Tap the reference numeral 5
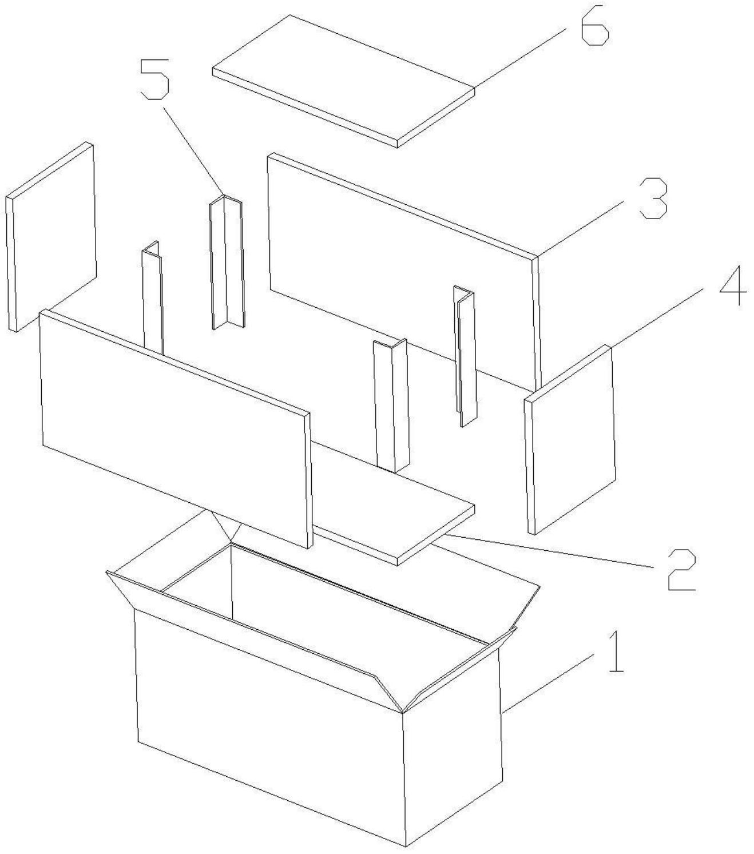click(x=155, y=79)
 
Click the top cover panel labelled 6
click(x=343, y=81)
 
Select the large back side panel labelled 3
click(x=403, y=272)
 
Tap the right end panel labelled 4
click(x=570, y=440)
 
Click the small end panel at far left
click(x=51, y=236)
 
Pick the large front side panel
click(x=176, y=429)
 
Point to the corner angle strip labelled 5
click(x=227, y=262)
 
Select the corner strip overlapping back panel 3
click(x=465, y=356)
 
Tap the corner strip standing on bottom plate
click(x=391, y=406)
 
